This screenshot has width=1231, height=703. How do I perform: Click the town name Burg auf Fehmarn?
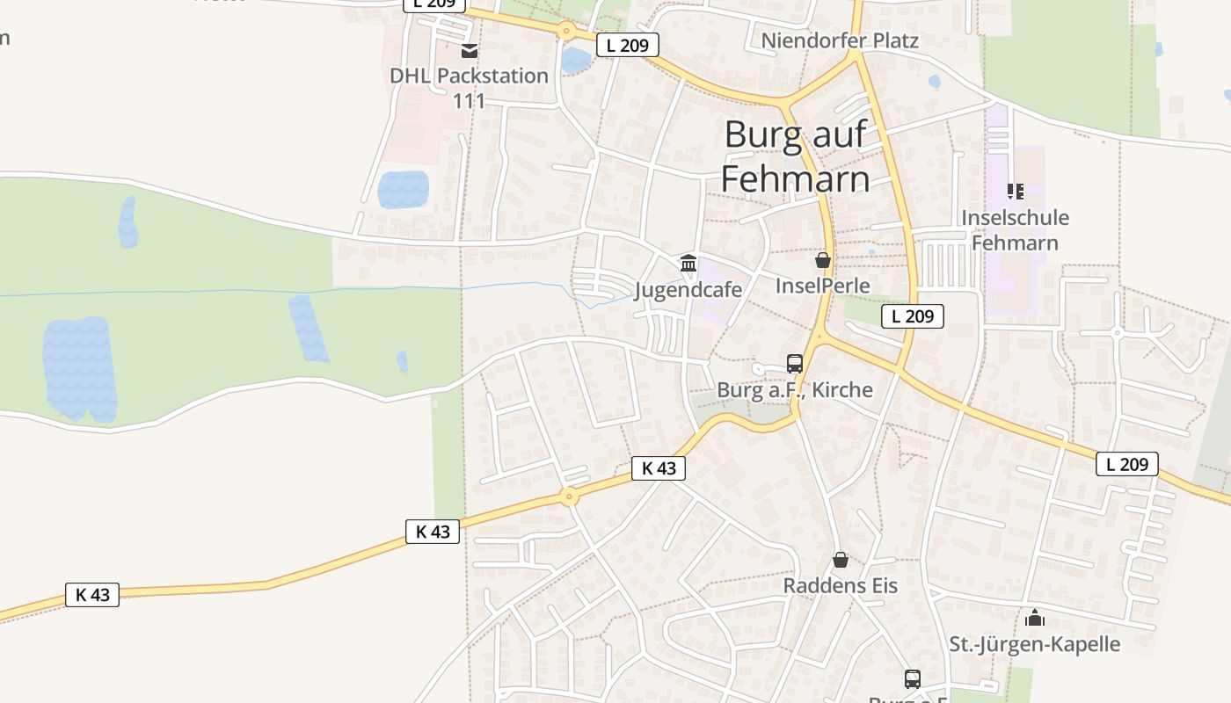click(x=796, y=156)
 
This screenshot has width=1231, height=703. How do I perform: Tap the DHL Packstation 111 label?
click(x=469, y=87)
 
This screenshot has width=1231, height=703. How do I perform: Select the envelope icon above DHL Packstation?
click(x=470, y=51)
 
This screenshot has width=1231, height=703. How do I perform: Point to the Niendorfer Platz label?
click(x=839, y=40)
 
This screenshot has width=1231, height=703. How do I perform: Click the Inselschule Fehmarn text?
click(x=1015, y=229)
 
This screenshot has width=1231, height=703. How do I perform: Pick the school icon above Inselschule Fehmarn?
click(x=1016, y=191)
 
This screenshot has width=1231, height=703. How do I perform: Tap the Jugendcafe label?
click(x=688, y=289)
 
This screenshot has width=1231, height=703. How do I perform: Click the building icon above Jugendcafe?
click(x=688, y=263)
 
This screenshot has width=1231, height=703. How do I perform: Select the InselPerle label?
click(x=822, y=286)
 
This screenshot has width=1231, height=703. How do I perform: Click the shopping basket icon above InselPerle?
click(x=823, y=260)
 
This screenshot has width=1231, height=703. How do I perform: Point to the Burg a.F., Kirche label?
click(x=795, y=389)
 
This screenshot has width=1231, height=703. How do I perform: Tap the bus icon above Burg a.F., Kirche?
click(x=795, y=363)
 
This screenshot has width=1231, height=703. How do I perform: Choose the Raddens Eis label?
click(x=840, y=585)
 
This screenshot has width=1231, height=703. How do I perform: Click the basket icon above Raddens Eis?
click(x=841, y=559)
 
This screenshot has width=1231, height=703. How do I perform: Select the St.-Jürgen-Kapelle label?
click(x=1034, y=644)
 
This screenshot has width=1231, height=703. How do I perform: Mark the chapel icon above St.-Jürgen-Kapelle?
click(x=1035, y=618)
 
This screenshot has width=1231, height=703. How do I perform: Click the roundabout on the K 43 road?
click(x=570, y=497)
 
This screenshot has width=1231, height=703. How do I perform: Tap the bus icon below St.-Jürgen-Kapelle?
click(x=913, y=678)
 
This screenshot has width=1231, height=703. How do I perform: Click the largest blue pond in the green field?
click(x=80, y=369)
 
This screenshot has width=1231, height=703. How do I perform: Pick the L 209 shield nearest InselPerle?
click(x=912, y=316)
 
